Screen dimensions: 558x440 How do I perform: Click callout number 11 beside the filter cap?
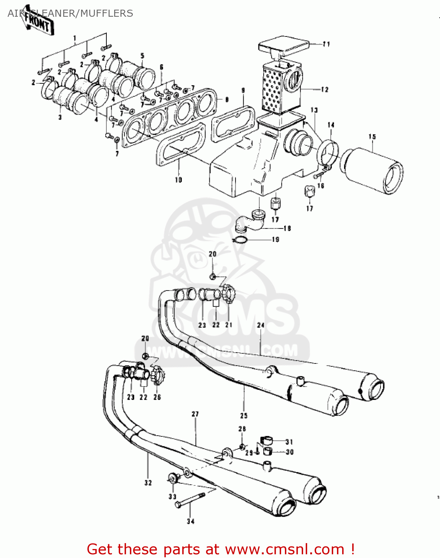(x=326, y=44)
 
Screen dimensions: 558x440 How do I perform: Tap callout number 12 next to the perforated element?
(x=325, y=90)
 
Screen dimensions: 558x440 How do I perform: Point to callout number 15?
(x=372, y=137)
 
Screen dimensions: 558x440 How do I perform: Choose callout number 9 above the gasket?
(x=243, y=90)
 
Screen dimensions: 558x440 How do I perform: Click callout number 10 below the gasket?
(x=179, y=180)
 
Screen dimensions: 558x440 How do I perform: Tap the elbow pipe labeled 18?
(x=250, y=221)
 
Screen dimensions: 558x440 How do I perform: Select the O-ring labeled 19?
(x=241, y=240)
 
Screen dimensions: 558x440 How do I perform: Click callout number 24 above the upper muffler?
(x=261, y=325)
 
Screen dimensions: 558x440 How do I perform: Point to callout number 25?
(x=244, y=416)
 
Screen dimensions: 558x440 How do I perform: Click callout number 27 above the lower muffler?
(x=195, y=414)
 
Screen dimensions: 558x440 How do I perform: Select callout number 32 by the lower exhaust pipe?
(x=148, y=483)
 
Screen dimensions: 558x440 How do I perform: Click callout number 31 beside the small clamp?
(x=289, y=442)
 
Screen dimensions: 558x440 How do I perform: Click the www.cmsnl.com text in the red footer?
(x=285, y=549)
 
